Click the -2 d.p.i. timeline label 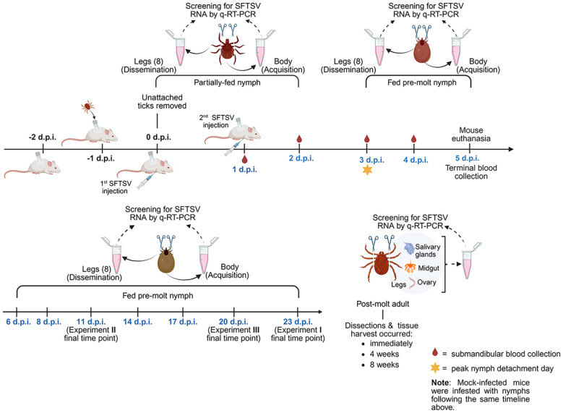click(43, 137)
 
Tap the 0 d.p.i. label click(158, 137)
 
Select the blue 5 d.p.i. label click(467, 158)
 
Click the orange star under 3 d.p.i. click(367, 169)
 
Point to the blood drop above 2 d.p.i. click(299, 139)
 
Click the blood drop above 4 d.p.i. click(413, 139)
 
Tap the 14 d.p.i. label click(137, 322)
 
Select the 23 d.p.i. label click(298, 322)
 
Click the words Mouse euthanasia click(470, 135)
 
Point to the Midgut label click(429, 268)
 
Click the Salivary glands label click(427, 250)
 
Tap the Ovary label click(426, 283)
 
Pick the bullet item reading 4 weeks click(384, 354)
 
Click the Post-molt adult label click(383, 304)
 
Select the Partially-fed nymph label click(227, 82)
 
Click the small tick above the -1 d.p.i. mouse click(88, 106)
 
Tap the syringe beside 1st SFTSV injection click(146, 180)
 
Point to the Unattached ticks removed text click(162, 102)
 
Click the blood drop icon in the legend click(435, 353)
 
